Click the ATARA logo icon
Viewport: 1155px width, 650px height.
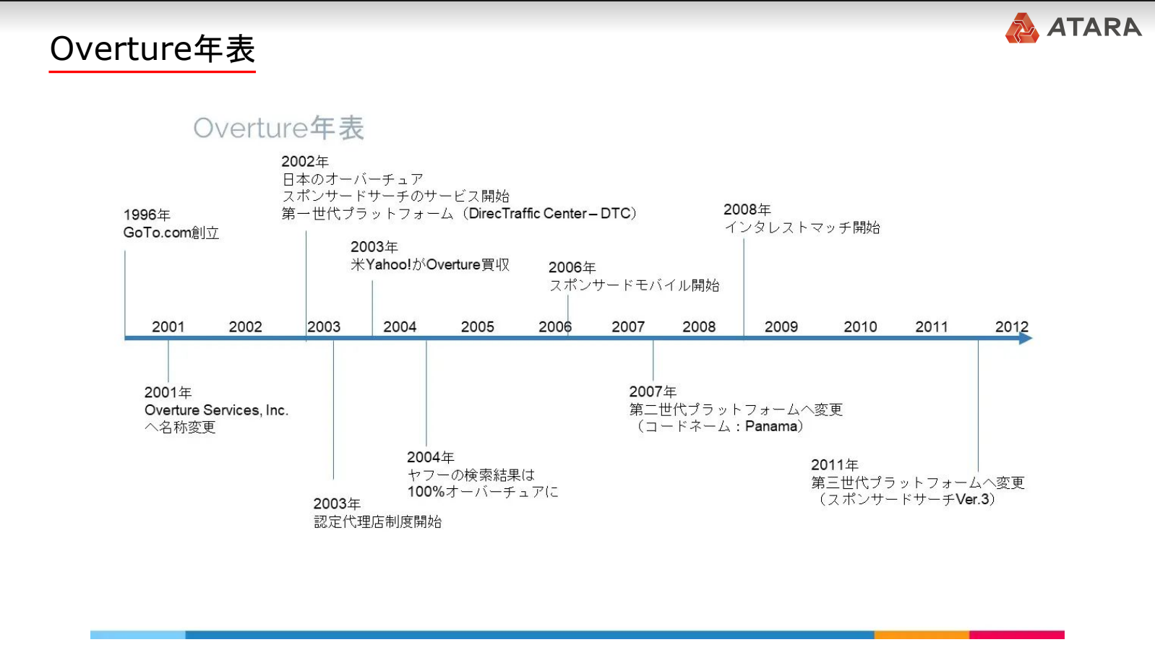pos(1021,28)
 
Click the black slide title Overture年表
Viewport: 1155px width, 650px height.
pos(152,49)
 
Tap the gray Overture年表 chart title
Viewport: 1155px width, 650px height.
pos(278,128)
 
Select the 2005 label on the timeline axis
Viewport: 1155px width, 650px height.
pos(478,326)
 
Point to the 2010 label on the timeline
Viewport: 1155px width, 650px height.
pos(860,326)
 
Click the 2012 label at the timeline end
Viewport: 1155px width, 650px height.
pos(1012,326)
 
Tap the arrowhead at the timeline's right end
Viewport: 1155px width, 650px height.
pos(1026,339)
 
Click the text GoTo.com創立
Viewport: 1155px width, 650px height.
pos(171,233)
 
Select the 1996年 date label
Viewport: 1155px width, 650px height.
pos(147,214)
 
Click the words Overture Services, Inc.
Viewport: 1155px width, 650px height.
pos(216,410)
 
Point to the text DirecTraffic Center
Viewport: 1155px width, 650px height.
pos(528,213)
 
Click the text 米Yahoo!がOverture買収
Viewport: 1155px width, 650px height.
pos(430,265)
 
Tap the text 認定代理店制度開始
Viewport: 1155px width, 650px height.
pos(377,521)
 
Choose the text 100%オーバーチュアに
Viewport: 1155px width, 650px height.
pos(483,492)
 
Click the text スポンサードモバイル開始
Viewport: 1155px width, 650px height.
pos(634,285)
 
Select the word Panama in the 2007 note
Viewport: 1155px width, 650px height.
pos(771,426)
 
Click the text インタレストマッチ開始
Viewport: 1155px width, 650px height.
pos(802,227)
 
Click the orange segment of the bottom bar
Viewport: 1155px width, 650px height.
pos(922,635)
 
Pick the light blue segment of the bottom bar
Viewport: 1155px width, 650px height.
pos(137,635)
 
